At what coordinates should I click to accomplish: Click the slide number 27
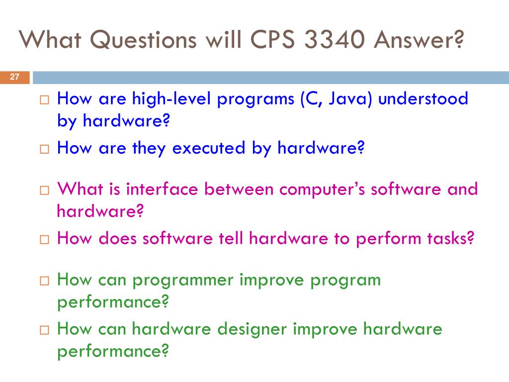14,77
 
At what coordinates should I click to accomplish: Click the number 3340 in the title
335,40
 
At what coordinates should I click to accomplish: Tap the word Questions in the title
143,40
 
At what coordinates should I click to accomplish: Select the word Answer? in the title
419,40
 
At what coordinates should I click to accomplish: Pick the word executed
208,148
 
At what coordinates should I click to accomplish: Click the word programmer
183,281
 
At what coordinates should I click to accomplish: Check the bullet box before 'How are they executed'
44,149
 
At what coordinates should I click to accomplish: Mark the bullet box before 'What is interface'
44,190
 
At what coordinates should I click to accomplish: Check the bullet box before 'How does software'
44,239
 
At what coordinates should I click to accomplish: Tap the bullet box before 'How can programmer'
44,281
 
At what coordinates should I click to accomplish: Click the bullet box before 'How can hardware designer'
44,330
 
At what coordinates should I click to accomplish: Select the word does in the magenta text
117,238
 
